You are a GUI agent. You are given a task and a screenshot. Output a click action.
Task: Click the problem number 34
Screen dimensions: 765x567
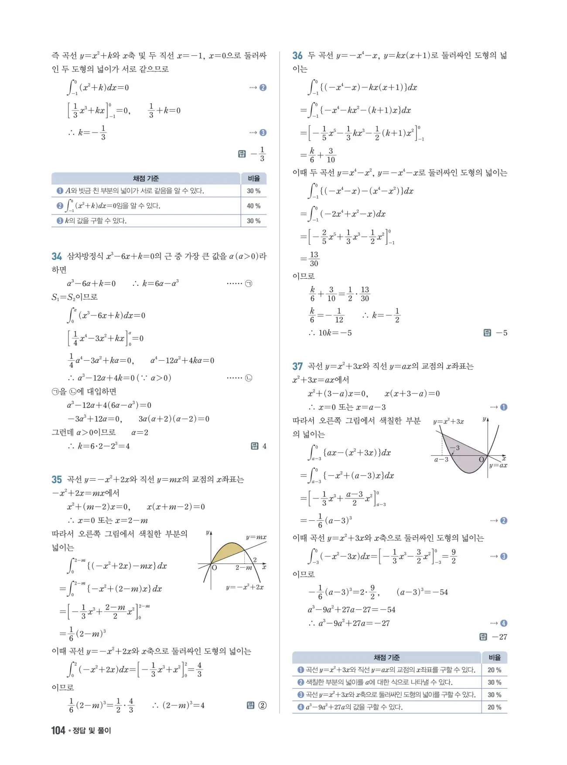coord(57,256)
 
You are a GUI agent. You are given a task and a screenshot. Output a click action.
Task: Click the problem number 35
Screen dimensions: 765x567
coord(57,480)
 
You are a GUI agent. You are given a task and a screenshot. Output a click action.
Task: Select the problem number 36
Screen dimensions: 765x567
coord(297,56)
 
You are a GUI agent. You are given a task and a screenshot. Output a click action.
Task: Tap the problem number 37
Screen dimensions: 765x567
coord(297,366)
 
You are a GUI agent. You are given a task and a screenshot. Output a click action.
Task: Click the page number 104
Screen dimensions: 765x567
coord(58,730)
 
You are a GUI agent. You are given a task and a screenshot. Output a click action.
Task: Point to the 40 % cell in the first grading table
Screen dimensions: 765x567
coord(253,206)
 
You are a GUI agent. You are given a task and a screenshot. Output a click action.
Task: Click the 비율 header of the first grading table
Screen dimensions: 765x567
coord(253,178)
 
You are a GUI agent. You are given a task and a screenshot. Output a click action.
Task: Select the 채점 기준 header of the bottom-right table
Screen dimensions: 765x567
coord(386,657)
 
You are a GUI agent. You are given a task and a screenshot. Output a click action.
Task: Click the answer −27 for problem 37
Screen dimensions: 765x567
coord(499,637)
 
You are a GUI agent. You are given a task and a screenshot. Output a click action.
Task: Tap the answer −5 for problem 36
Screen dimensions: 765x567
coord(502,333)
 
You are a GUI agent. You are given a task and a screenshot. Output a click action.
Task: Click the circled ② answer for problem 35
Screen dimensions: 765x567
coord(262,705)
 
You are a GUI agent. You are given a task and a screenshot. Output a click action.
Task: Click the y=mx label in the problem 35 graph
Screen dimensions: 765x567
coord(256,537)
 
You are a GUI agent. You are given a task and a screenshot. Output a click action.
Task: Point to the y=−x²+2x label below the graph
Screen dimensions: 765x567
coord(245,587)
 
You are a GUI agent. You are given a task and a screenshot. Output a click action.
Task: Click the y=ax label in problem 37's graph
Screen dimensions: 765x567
coord(498,465)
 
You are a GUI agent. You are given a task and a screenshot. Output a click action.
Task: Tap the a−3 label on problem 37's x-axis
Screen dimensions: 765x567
coord(441,459)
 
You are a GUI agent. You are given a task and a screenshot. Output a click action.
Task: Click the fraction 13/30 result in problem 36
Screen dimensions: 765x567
coord(314,259)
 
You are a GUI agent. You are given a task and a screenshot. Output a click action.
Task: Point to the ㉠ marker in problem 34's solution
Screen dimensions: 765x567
coord(249,283)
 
